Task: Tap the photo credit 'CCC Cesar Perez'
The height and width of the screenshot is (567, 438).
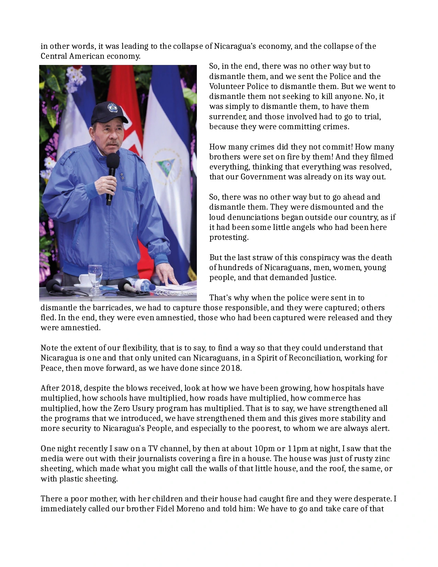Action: coord(175,293)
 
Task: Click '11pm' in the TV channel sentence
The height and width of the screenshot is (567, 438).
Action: coord(298,448)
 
